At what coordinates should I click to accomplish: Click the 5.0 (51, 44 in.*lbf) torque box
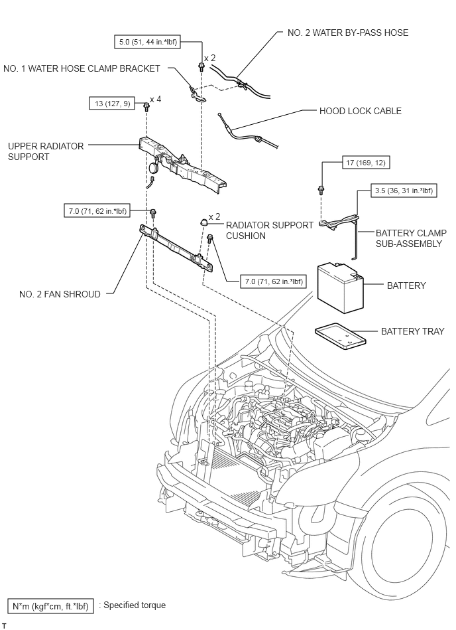[148, 42]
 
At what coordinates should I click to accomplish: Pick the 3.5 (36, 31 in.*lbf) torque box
[404, 191]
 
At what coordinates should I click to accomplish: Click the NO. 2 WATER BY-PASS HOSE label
[348, 33]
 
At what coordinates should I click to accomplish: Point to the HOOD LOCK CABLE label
[360, 111]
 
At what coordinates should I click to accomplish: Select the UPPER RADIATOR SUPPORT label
[46, 151]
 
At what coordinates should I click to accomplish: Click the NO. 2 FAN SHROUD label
[60, 294]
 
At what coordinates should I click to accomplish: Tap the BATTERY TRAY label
[413, 331]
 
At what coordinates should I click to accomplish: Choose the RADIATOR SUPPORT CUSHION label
[270, 230]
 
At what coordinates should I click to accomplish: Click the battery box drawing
[341, 287]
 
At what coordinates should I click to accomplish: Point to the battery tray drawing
[340, 337]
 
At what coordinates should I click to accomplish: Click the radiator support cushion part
[203, 221]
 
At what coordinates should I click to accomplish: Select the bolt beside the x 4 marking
[146, 106]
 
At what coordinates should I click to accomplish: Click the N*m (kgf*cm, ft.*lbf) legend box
[50, 606]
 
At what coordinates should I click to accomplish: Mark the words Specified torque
[135, 605]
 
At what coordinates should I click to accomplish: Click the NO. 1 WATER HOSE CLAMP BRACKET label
[82, 68]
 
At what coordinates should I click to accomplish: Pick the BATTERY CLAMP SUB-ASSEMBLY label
[411, 238]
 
